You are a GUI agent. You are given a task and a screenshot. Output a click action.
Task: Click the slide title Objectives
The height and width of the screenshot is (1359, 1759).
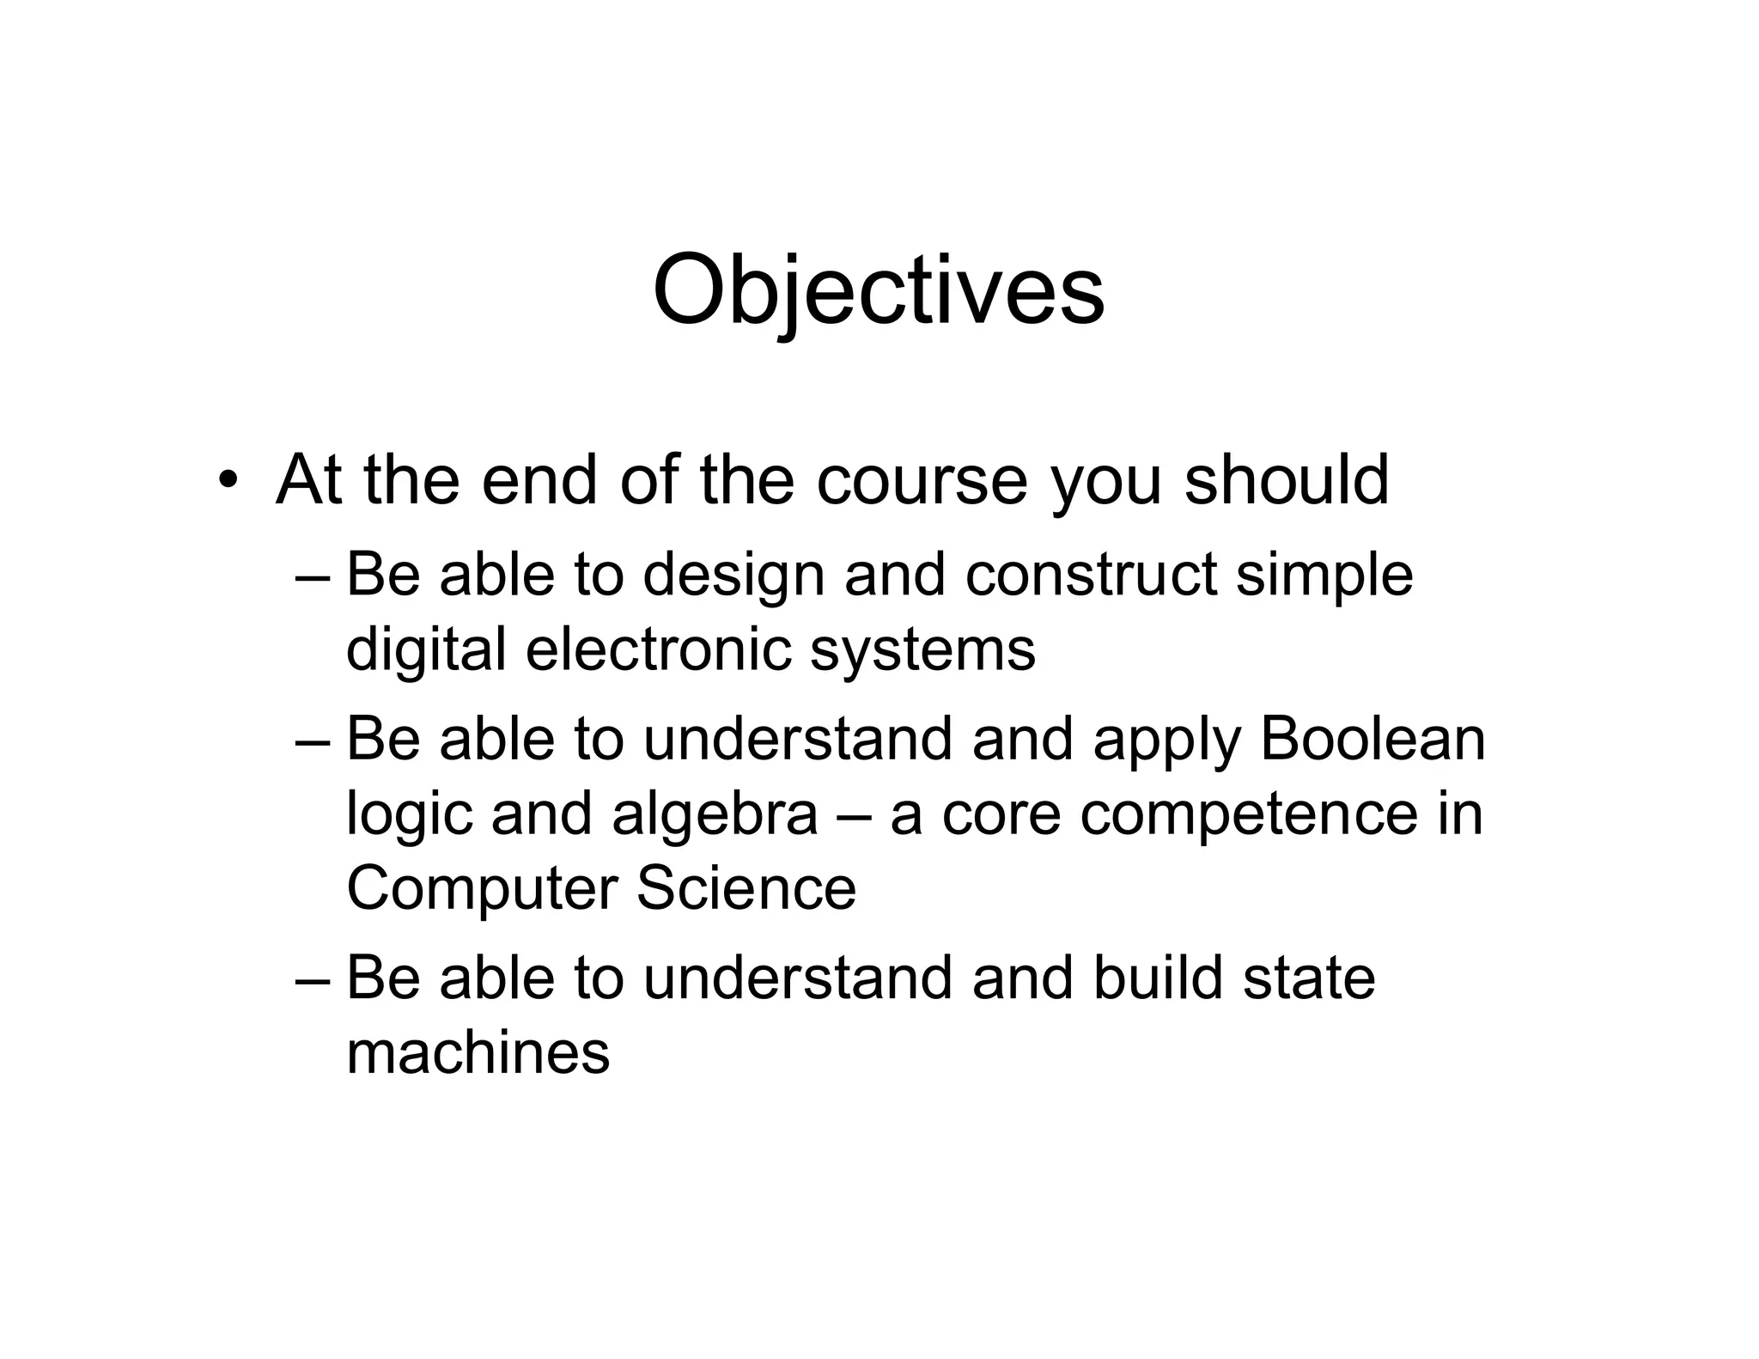pos(878,290)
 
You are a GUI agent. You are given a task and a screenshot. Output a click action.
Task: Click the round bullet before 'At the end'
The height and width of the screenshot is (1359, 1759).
pos(226,480)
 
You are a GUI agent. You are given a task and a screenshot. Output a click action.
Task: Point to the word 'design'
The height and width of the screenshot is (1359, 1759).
pos(733,576)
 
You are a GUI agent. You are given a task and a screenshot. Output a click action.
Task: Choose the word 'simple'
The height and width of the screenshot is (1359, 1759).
pos(1324,576)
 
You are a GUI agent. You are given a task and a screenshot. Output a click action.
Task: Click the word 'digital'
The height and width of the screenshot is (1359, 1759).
pos(426,650)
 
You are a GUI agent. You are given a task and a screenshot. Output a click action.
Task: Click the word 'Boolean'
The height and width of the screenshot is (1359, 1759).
pos(1373,739)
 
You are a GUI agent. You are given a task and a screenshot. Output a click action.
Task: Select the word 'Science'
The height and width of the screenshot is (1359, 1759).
pos(746,888)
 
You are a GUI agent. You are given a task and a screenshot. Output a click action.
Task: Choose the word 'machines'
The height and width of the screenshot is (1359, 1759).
pos(478,1053)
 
